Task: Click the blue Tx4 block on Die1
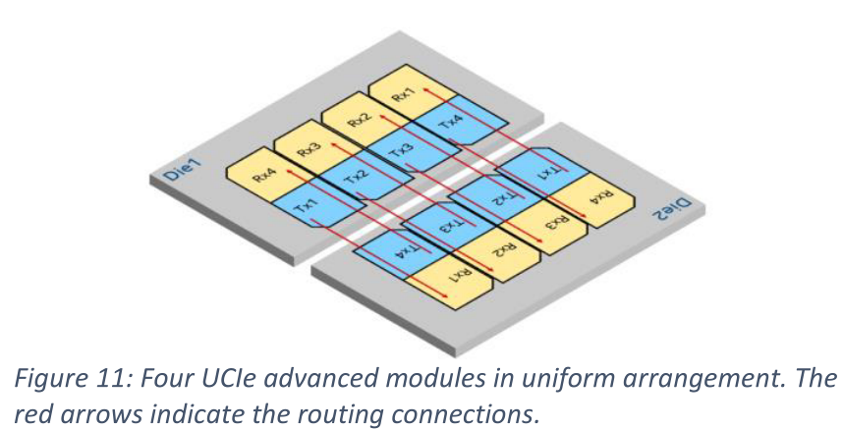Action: (x=458, y=121)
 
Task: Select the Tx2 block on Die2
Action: (x=496, y=199)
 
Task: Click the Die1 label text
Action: (x=181, y=169)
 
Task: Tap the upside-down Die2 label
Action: (x=670, y=209)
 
